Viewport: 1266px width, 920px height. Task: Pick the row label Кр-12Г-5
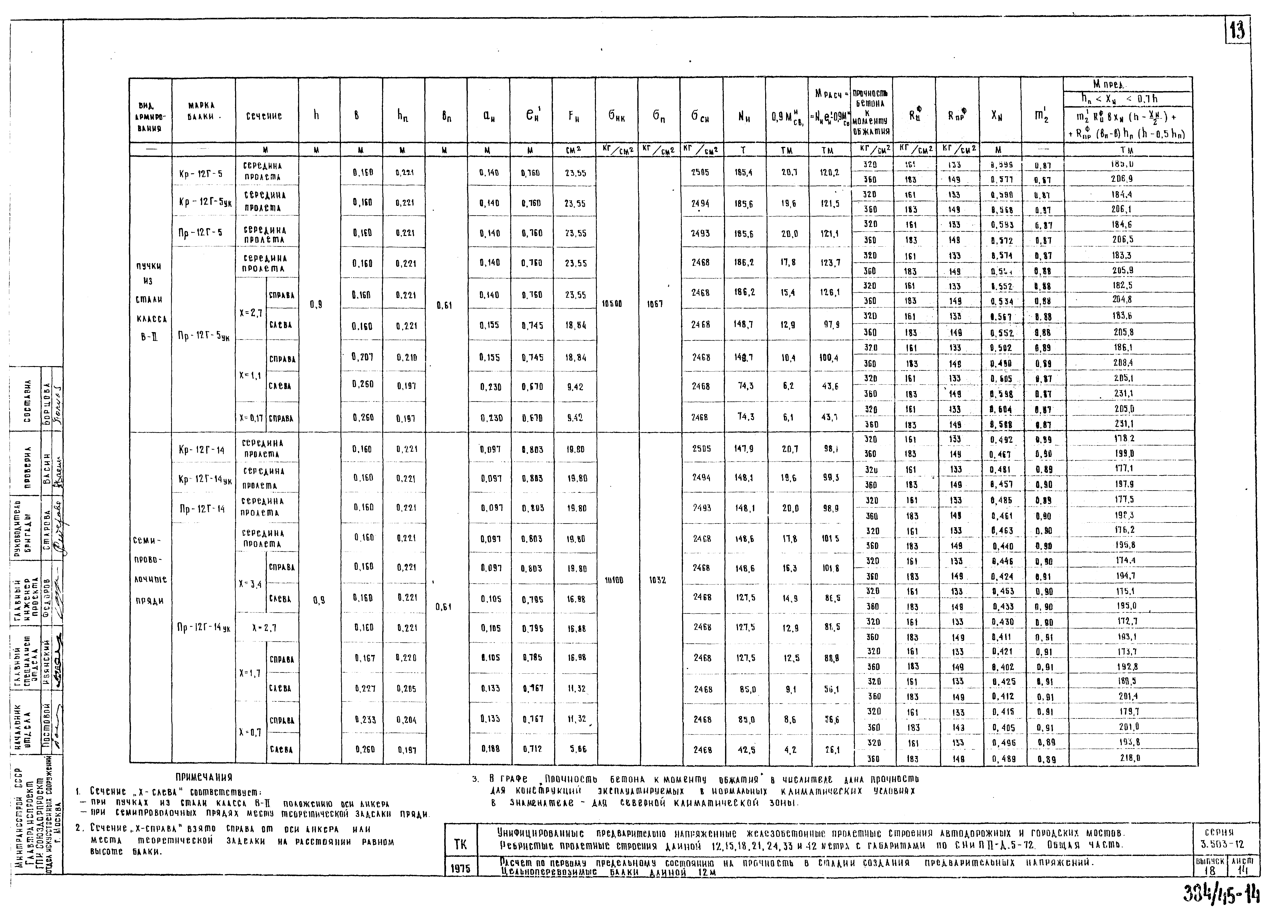click(201, 174)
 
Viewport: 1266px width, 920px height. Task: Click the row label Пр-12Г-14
click(202, 509)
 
